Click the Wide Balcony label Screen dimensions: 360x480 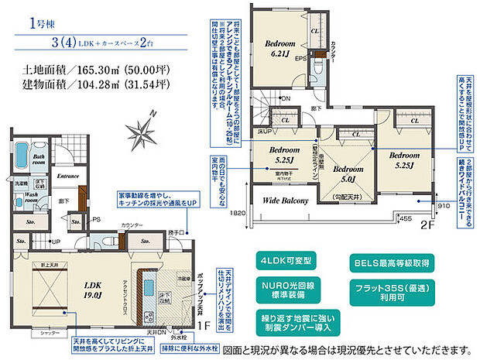(285, 201)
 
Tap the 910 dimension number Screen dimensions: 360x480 (441, 207)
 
